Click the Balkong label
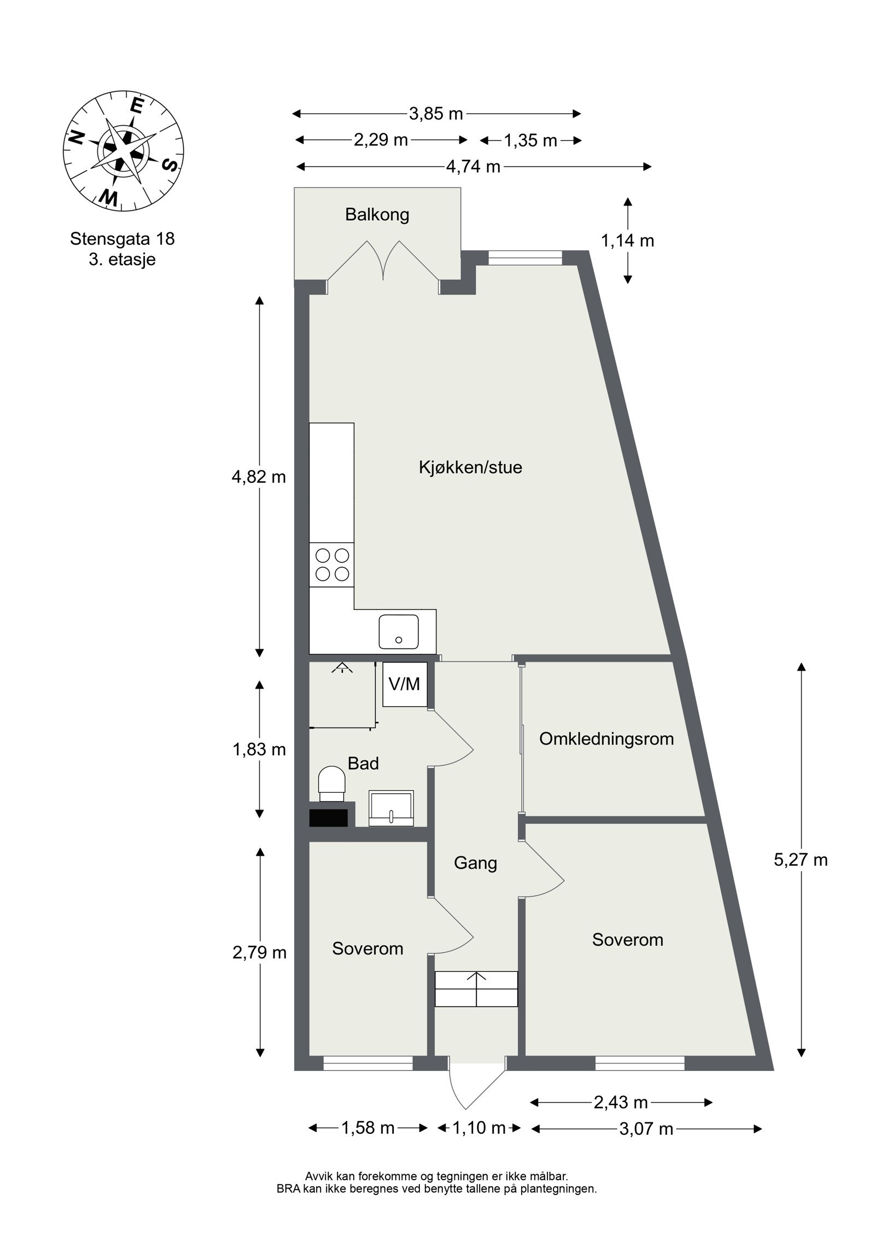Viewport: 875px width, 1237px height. coord(377,214)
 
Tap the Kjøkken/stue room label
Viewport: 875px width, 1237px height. coord(470,467)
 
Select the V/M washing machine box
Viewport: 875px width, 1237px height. coord(404,684)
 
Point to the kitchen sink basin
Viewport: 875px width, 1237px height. coord(399,631)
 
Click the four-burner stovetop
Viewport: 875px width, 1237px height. coord(332,565)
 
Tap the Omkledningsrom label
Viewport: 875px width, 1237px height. coord(606,739)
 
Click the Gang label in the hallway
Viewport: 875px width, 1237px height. coord(475,863)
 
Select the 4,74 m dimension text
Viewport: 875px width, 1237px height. coord(473,166)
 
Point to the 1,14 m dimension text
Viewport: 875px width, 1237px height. coord(628,241)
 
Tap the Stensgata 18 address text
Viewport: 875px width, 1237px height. coord(122,239)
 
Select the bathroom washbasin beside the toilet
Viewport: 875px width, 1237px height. coord(391,807)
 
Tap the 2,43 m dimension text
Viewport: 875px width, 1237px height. coord(620,1103)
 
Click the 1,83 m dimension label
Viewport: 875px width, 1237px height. coord(259,749)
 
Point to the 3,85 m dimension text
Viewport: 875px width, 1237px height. coord(436,114)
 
